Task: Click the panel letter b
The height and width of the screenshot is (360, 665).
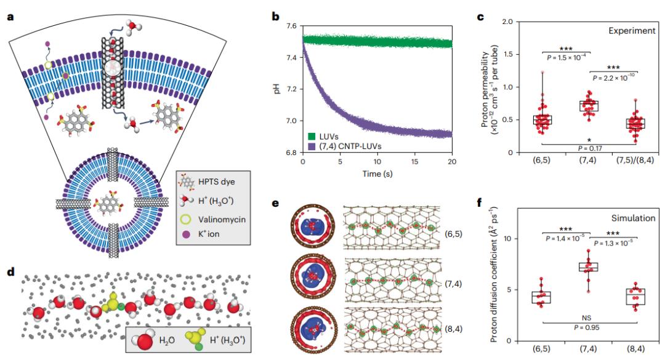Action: [x=276, y=17]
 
